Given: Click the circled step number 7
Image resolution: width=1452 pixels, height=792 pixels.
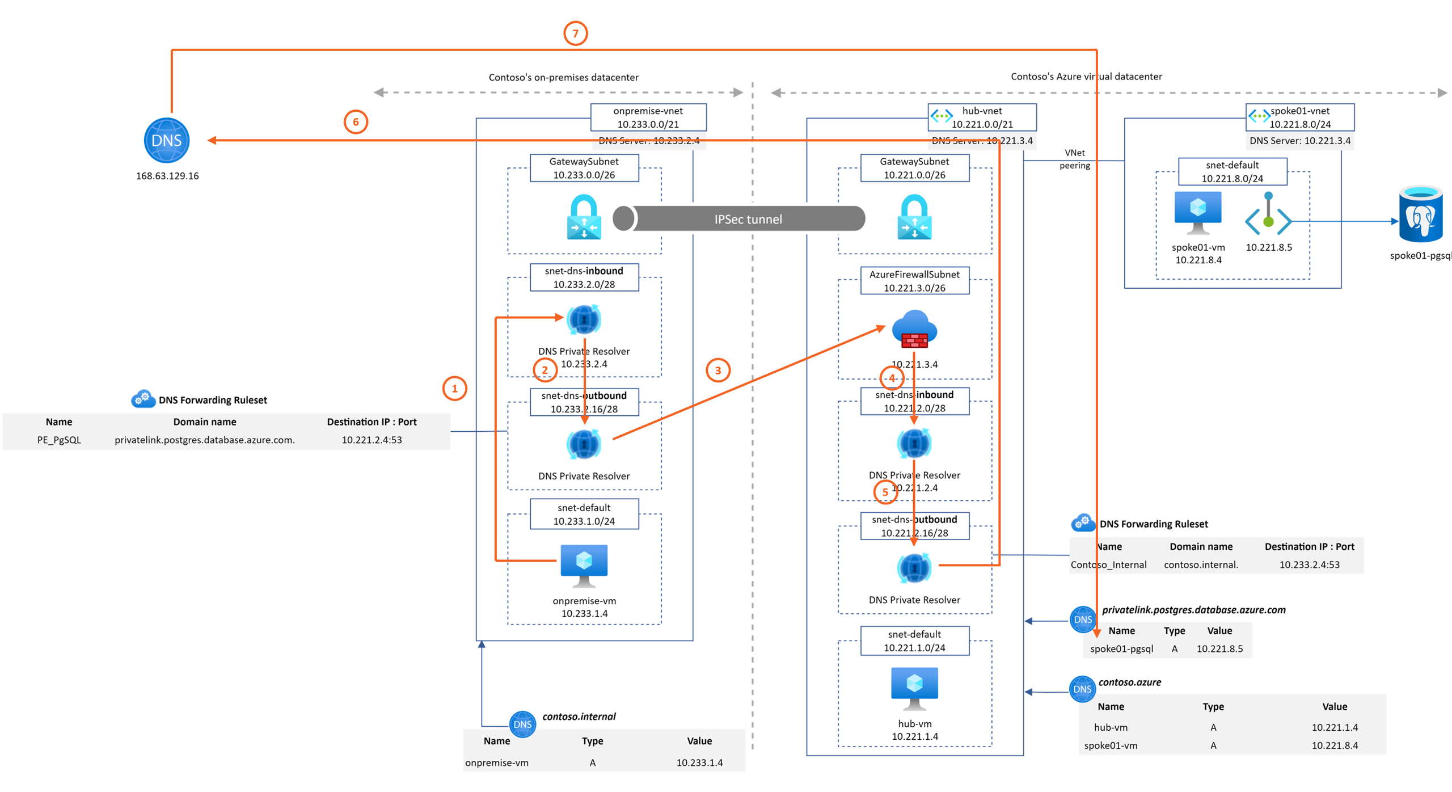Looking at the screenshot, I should tap(575, 33).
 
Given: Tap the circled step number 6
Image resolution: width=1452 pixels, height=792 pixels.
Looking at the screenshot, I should tap(356, 122).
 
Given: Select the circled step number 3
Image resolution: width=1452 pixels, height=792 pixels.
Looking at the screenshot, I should tap(717, 370).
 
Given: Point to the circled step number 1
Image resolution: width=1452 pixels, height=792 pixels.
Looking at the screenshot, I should tap(454, 389).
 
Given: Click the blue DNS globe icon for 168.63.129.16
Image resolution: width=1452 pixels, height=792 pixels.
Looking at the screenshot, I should tap(166, 140).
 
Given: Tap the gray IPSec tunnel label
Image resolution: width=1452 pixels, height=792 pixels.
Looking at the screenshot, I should tap(748, 220).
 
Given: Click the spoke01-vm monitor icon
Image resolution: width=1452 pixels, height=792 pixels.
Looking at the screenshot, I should tap(1197, 212).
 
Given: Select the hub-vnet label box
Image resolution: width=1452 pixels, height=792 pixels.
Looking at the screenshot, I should tap(982, 117).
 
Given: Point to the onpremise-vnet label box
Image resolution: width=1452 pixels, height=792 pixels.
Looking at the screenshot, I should tap(648, 117).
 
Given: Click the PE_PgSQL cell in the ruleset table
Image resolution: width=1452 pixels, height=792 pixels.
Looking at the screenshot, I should tap(59, 440).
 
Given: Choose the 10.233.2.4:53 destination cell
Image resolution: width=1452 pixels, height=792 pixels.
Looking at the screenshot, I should tap(1309, 564).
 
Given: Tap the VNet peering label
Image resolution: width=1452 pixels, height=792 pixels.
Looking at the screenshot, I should tap(1074, 159).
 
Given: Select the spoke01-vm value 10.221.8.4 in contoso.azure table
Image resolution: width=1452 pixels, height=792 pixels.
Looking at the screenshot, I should tap(1334, 745).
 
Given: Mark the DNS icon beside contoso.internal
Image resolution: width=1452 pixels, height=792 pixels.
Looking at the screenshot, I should tap(522, 724).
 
